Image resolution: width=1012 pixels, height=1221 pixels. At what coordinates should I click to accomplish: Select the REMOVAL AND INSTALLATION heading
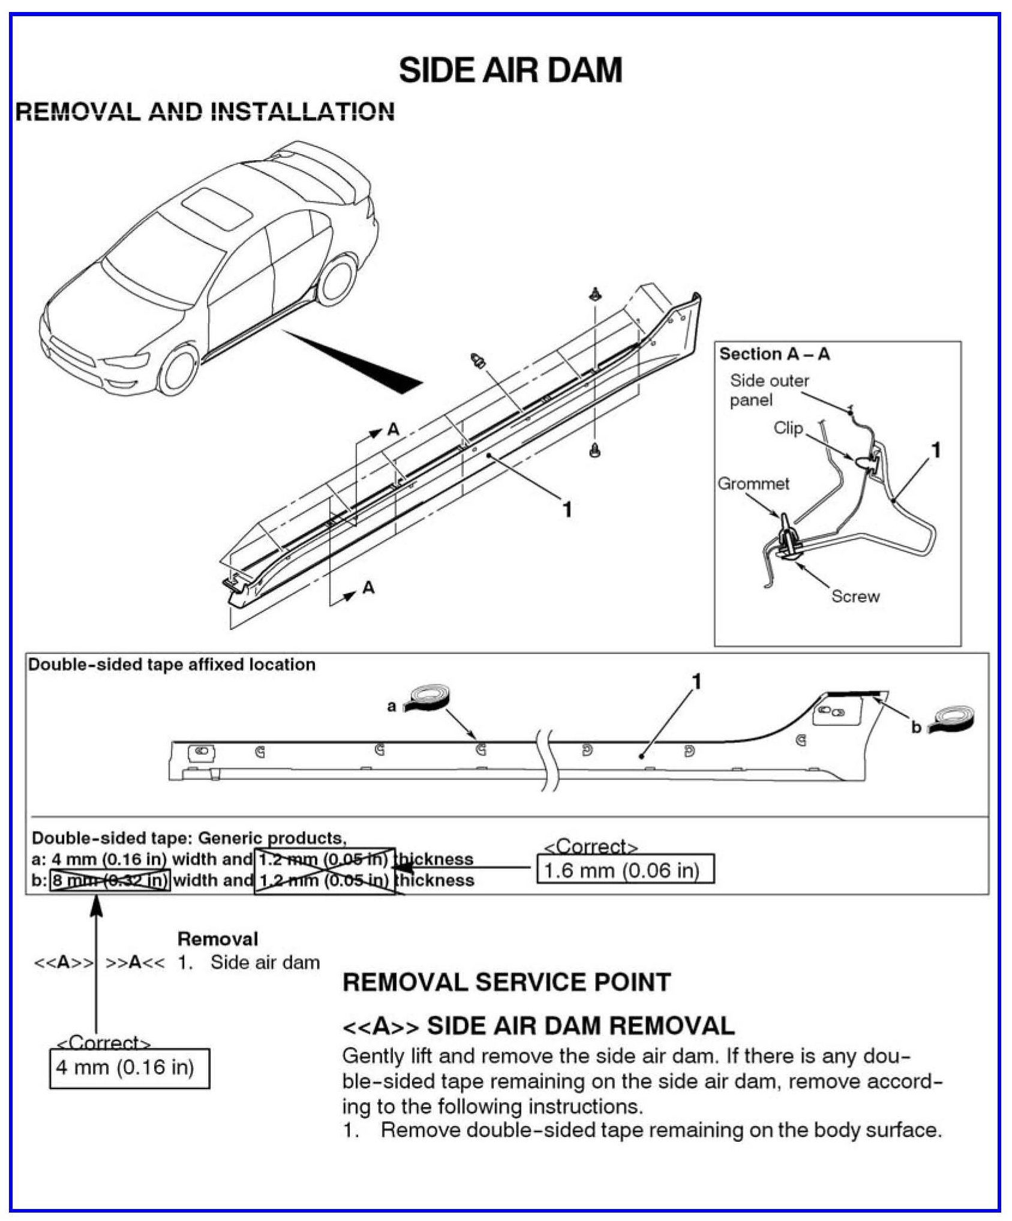[x=205, y=112]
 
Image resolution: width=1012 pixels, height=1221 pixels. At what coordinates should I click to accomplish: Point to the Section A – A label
[x=774, y=354]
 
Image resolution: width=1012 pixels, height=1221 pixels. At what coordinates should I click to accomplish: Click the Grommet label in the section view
[x=753, y=484]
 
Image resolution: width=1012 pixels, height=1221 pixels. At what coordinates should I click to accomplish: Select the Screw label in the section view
[x=855, y=596]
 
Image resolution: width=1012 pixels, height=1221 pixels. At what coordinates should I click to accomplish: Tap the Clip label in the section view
[x=788, y=428]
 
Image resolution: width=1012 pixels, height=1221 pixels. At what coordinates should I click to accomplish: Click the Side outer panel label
[x=769, y=390]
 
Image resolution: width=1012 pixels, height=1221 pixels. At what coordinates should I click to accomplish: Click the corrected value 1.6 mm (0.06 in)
[x=624, y=870]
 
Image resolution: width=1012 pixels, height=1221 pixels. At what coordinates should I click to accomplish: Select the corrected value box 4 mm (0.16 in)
[x=129, y=1067]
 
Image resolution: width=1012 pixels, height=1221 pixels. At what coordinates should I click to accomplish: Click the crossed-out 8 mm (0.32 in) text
[x=110, y=880]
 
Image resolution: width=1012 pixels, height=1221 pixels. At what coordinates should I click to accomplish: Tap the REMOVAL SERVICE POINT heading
[x=506, y=983]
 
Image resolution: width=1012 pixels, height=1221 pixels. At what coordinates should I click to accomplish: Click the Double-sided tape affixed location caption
[x=172, y=664]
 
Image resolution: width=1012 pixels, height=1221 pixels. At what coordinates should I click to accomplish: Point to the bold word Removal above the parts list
[x=218, y=939]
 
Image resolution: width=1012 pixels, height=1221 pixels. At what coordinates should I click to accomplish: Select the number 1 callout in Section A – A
[x=935, y=450]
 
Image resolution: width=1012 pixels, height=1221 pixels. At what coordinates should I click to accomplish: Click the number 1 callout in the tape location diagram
[x=696, y=682]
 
